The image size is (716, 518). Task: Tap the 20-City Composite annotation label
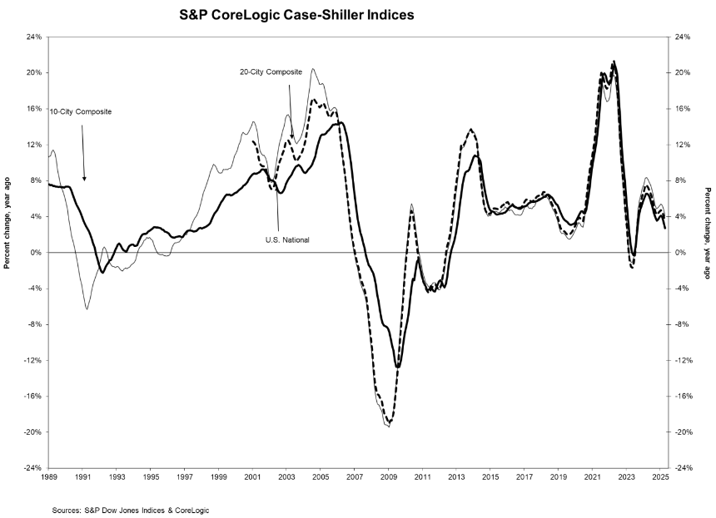(x=266, y=72)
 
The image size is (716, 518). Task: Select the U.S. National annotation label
(x=288, y=239)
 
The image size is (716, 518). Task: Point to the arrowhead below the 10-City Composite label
(x=84, y=178)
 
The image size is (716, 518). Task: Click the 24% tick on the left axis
(x=33, y=37)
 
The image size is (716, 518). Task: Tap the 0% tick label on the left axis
(x=36, y=253)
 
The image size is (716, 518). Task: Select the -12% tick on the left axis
(x=32, y=360)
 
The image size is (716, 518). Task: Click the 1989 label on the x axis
(x=49, y=478)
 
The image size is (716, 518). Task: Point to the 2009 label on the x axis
(x=389, y=478)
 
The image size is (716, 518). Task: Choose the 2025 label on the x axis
(x=660, y=478)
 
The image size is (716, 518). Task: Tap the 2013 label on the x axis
(x=456, y=478)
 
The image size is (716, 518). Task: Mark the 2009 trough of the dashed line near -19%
(x=390, y=423)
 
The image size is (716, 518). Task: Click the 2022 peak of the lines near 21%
(x=614, y=62)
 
